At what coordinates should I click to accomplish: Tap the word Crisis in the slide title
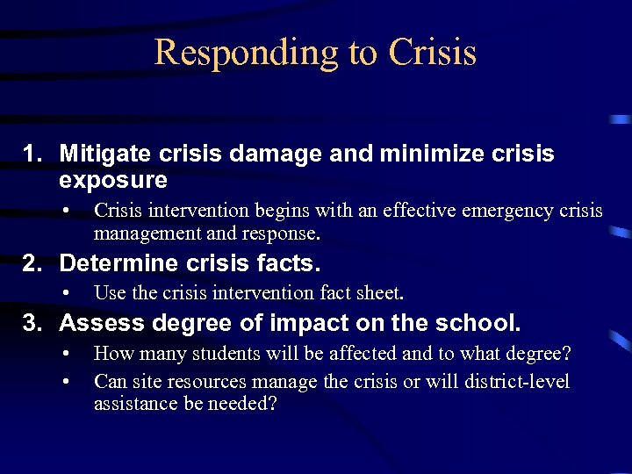tap(432, 52)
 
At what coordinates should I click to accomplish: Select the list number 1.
tap(32, 154)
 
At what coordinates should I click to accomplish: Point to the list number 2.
tap(32, 262)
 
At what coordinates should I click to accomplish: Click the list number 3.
tap(32, 323)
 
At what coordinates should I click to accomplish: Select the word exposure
tap(112, 180)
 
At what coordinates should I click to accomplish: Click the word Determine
tap(118, 262)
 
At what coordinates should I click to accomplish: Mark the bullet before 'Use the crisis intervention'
tap(67, 292)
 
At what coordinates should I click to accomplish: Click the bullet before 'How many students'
tap(67, 354)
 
